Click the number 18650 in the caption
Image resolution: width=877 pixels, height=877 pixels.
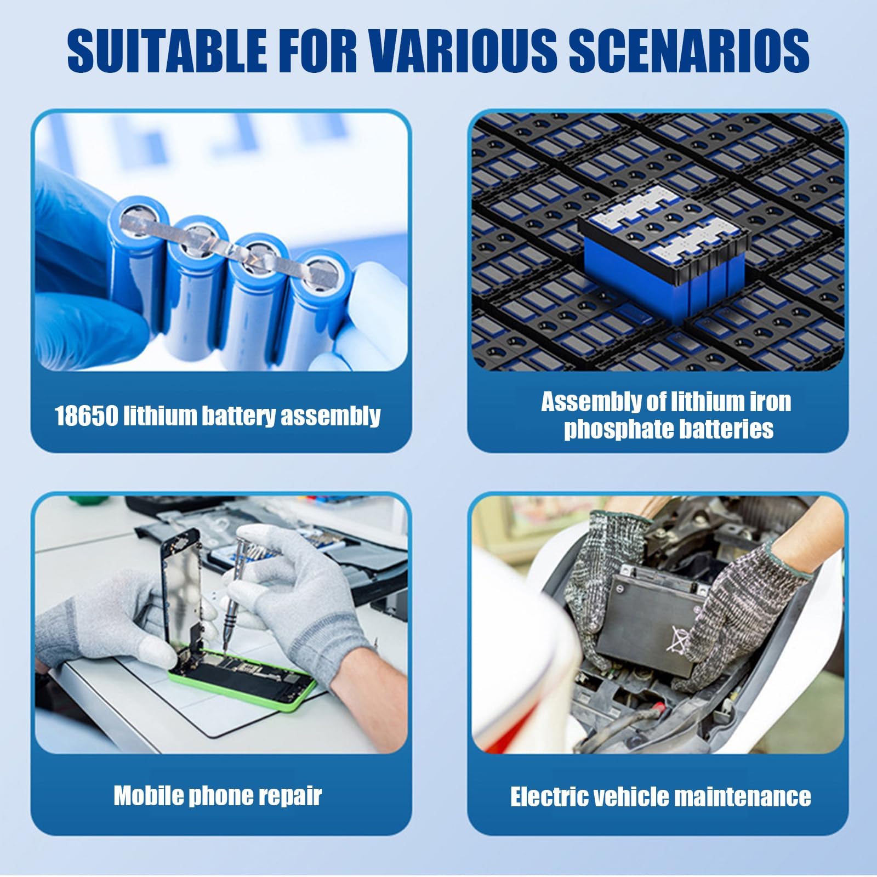coord(86,416)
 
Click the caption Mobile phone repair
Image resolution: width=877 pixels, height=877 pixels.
coord(218,796)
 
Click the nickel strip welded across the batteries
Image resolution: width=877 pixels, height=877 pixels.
coord(230,242)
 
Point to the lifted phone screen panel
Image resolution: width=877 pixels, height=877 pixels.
coord(181,586)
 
